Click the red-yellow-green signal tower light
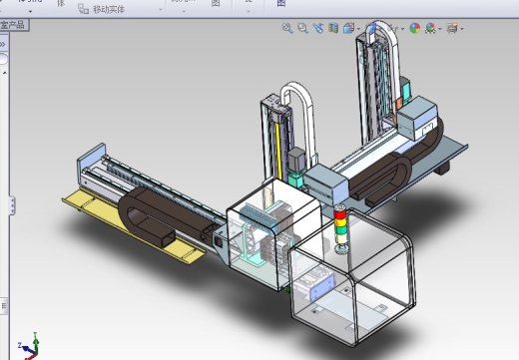[x=340, y=228]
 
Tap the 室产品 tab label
[x=14, y=23]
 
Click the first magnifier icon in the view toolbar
[x=287, y=29]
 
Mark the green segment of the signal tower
[x=340, y=238]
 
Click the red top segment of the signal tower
[x=340, y=214]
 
